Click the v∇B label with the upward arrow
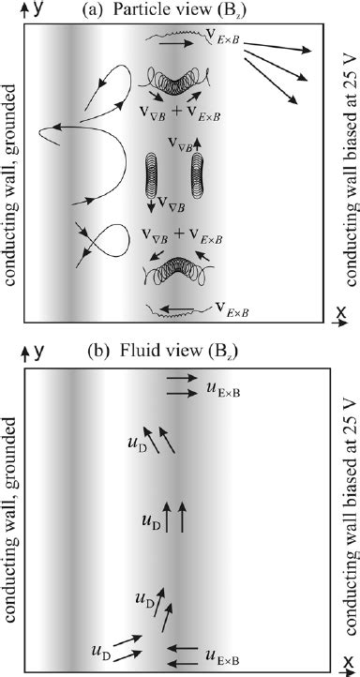182,143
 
